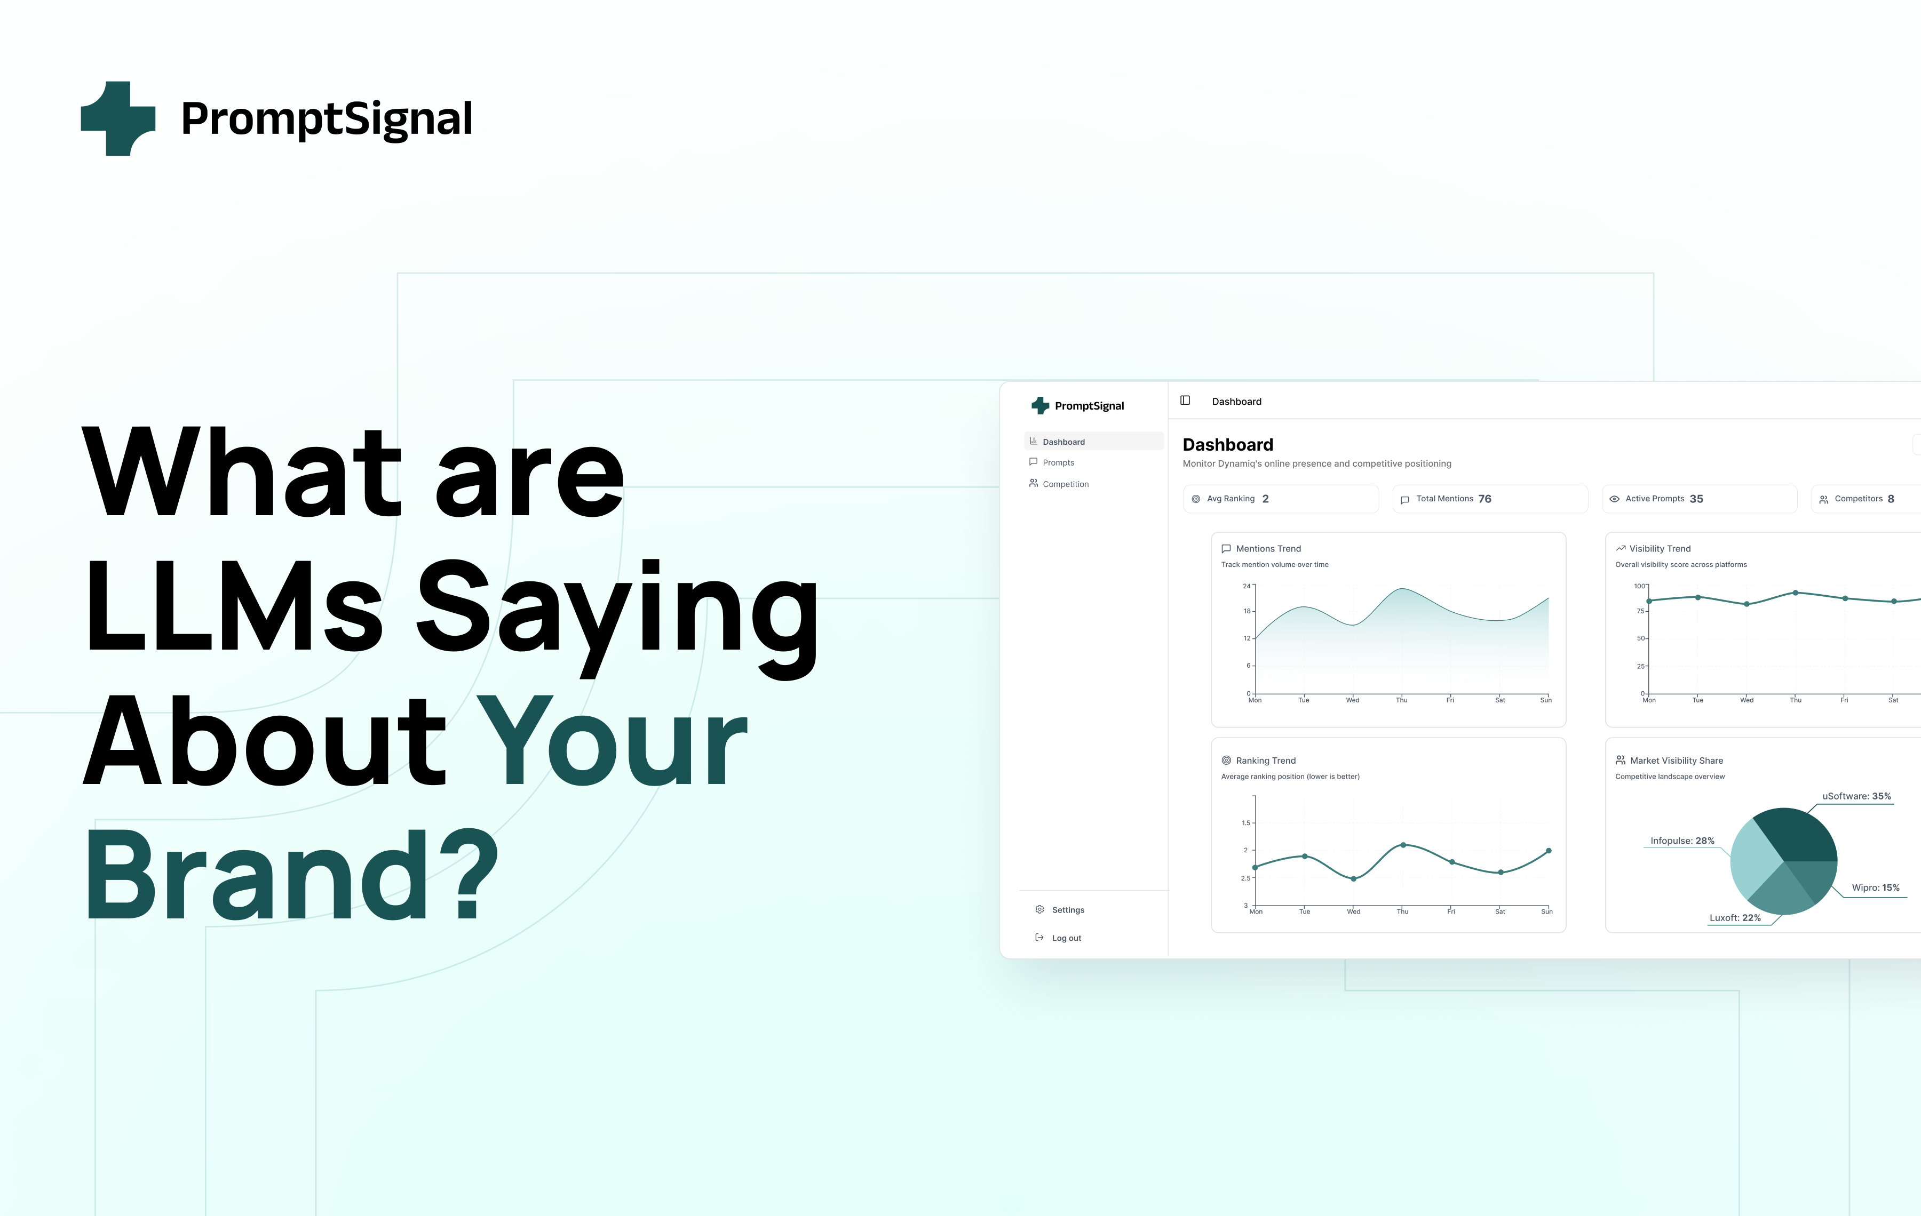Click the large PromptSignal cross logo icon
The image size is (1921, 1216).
pos(118,118)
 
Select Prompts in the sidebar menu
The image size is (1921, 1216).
pos(1058,462)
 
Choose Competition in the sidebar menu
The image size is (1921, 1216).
pos(1065,484)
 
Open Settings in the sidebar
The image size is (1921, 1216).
pos(1067,910)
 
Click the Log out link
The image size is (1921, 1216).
pos(1066,938)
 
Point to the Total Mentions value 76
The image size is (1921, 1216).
pos(1485,498)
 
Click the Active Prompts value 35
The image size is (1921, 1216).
pos(1696,498)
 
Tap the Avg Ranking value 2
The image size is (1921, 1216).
pos(1265,498)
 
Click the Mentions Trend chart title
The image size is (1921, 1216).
pos(1268,549)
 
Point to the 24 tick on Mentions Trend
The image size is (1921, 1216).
pos(1246,586)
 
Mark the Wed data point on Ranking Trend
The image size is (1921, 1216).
pos(1354,879)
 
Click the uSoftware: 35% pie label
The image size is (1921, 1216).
pos(1856,796)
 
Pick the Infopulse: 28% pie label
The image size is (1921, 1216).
pos(1681,841)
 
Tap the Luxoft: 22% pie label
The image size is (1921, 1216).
pos(1734,918)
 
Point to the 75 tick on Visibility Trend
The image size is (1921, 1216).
pos(1640,611)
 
